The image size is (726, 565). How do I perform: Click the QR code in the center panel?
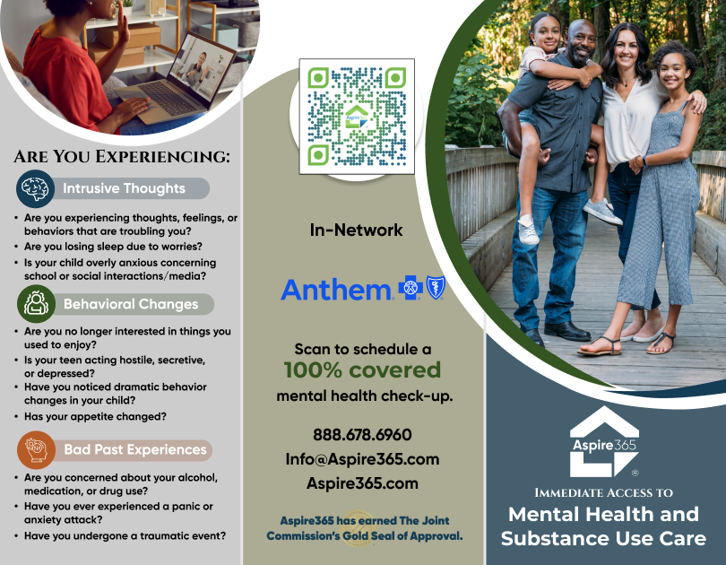pos(357,117)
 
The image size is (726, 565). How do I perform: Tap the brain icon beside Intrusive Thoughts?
pos(35,188)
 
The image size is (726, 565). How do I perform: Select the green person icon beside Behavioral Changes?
pos(36,304)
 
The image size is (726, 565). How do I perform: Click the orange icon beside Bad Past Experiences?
pos(36,449)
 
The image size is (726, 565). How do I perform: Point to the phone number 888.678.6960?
pos(362,435)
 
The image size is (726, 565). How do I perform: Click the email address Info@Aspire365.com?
pos(362,459)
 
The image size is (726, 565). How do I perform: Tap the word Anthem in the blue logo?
pos(336,290)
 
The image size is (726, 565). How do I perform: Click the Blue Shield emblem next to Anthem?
pos(436,287)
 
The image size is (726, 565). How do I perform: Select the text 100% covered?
pos(362,370)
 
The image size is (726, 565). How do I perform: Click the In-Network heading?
pos(356,230)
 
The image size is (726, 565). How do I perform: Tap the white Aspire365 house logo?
pos(604,441)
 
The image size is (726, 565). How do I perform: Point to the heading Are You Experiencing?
pos(122,157)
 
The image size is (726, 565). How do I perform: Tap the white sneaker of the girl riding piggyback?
pos(528,230)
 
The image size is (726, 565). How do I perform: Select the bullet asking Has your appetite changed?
pos(95,417)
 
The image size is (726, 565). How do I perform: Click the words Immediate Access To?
pos(604,492)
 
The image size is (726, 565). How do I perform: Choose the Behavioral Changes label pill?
pos(132,304)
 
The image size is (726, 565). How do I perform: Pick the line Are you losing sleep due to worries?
pos(113,247)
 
